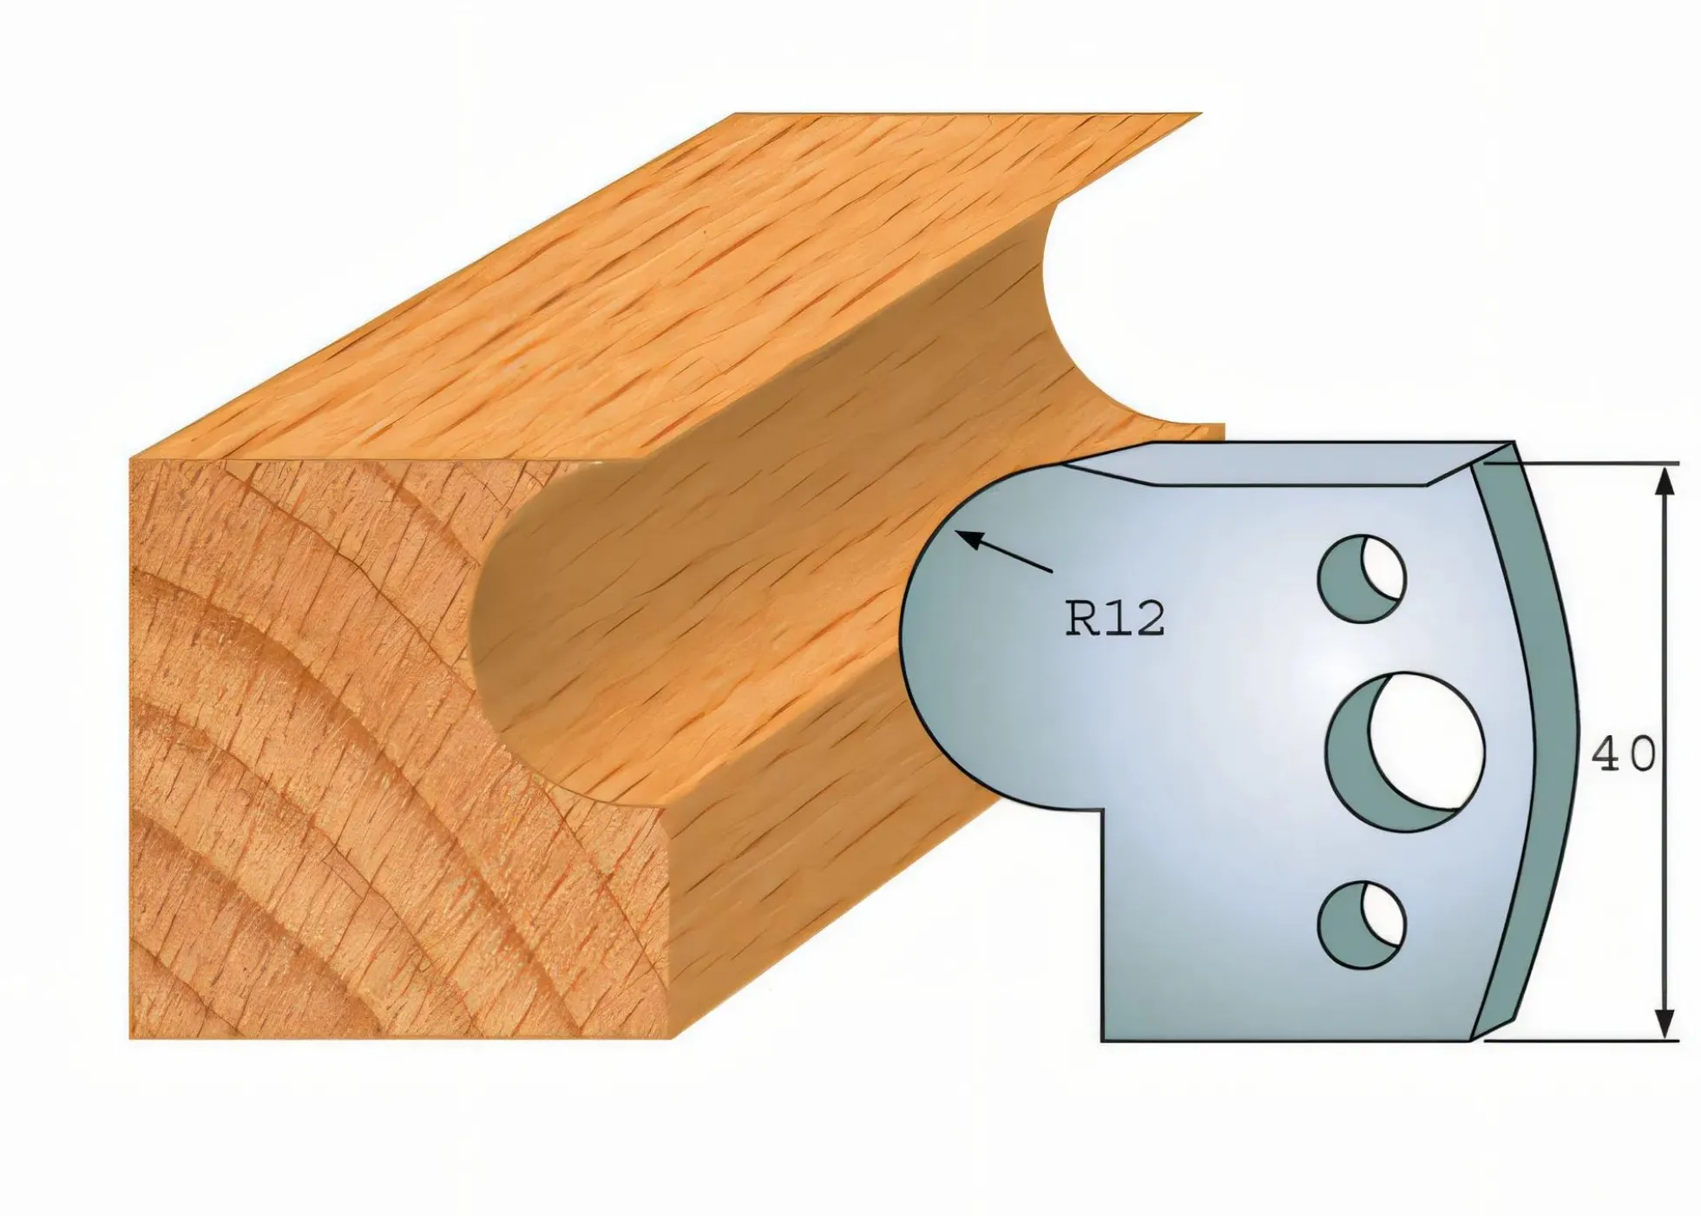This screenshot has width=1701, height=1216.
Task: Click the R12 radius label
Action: pyautogui.click(x=1115, y=620)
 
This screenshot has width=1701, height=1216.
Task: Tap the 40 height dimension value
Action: pyautogui.click(x=1623, y=755)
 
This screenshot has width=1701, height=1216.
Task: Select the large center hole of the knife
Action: pyautogui.click(x=1406, y=752)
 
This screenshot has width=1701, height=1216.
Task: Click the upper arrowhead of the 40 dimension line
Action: pyautogui.click(x=1665, y=482)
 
